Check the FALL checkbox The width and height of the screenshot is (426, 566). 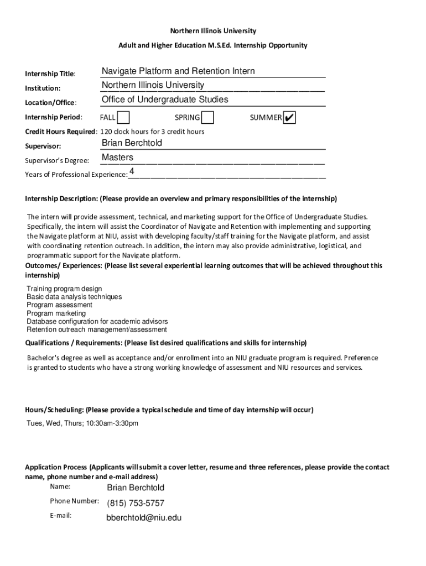tap(124, 118)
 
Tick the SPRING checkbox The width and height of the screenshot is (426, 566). tap(208, 118)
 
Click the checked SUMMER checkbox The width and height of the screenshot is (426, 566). tap(289, 118)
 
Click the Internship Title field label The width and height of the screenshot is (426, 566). tap(50, 74)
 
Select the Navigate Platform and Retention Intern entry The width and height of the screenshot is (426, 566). tap(178, 71)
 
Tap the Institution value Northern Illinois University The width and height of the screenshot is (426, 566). tap(153, 85)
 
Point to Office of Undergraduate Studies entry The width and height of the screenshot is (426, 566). tap(165, 99)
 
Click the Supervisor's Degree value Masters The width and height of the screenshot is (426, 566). tap(117, 158)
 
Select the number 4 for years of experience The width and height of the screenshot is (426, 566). tap(132, 172)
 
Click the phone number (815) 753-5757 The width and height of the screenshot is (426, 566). tap(135, 503)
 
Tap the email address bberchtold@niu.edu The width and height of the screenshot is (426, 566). tap(143, 518)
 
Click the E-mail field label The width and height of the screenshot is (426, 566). tap(60, 516)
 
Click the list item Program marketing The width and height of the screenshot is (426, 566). tap(56, 313)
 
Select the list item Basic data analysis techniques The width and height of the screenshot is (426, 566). tap(74, 297)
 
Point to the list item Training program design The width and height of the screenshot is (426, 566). tap(64, 289)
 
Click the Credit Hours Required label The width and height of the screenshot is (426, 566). tap(61, 132)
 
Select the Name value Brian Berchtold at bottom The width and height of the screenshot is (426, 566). tap(135, 488)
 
